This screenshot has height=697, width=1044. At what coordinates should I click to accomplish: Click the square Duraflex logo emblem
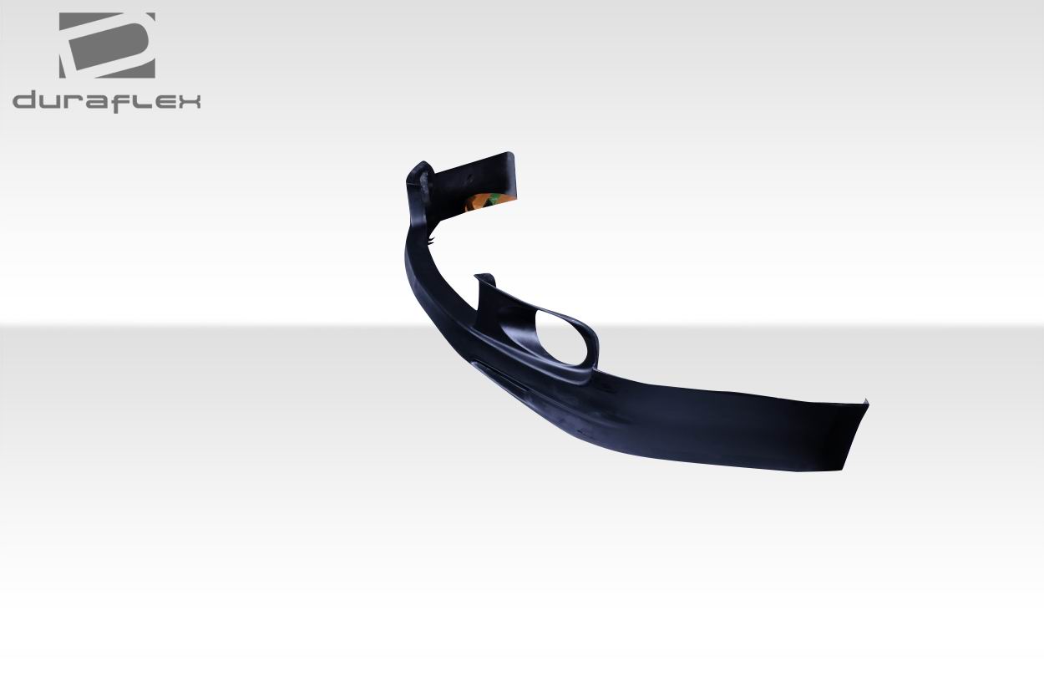[107, 46]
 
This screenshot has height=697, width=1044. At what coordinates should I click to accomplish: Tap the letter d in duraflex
[28, 101]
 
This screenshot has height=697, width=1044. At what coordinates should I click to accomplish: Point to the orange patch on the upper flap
[480, 201]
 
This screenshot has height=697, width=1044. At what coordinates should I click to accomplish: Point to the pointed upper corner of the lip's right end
[866, 403]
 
